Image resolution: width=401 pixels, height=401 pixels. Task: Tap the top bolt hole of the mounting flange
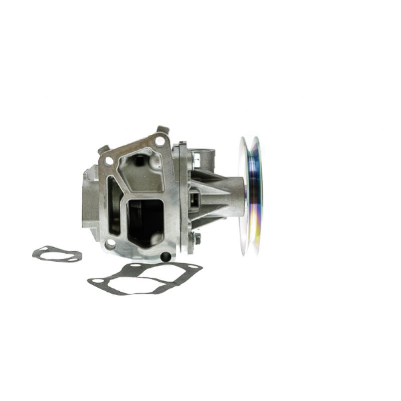(159, 141)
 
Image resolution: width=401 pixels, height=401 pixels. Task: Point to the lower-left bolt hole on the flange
(110, 244)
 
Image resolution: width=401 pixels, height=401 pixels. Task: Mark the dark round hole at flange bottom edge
(165, 257)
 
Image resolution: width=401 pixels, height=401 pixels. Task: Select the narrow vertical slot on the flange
(114, 206)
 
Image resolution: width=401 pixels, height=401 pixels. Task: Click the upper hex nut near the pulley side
(196, 159)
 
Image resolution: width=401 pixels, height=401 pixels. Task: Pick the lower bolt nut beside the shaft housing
(196, 239)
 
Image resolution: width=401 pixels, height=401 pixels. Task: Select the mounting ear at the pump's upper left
(103, 149)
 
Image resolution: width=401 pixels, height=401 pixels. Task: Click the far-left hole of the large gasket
(94, 283)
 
